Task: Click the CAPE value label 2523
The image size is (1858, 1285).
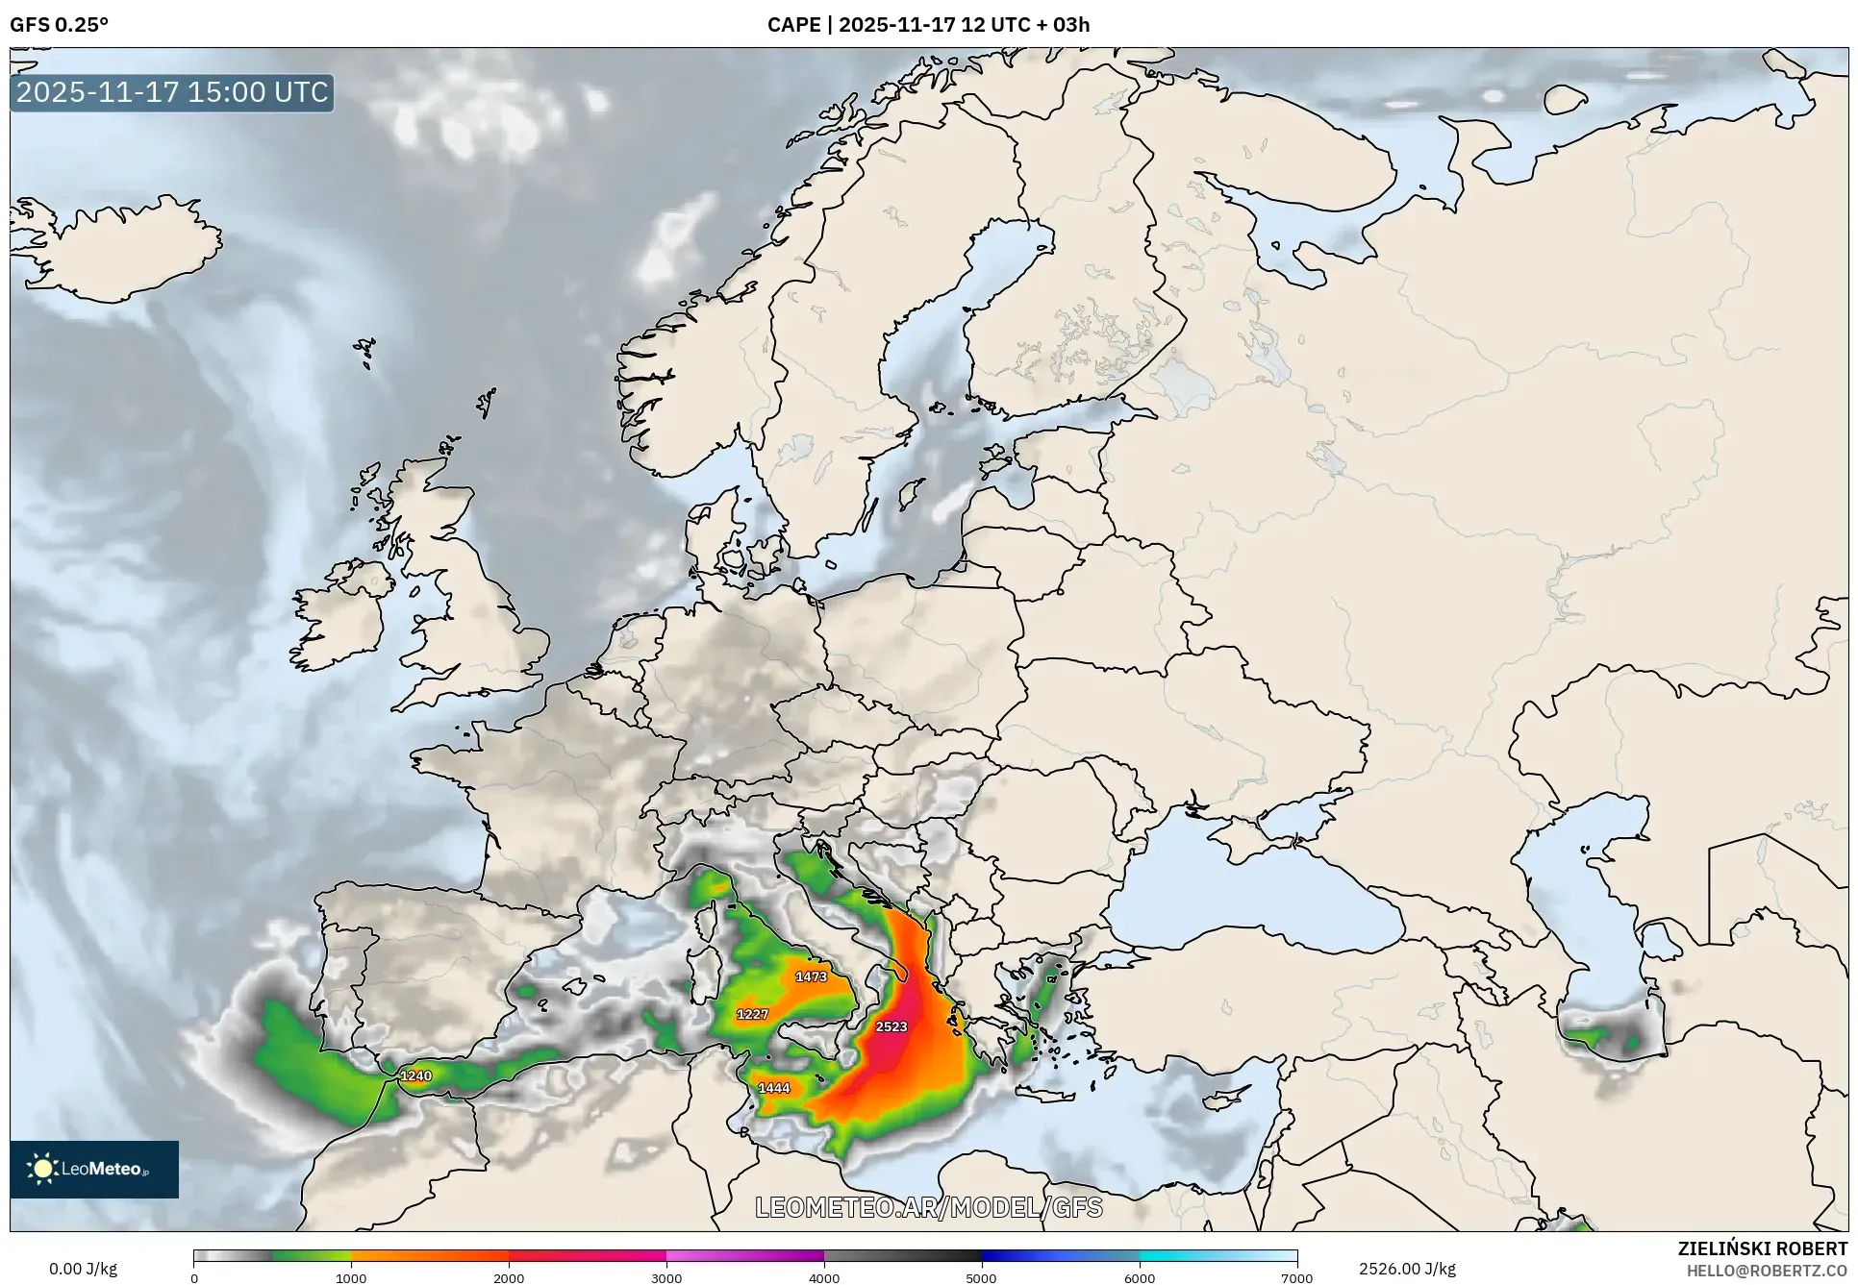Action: [x=891, y=1026]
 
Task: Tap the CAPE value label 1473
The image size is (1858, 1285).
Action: [x=811, y=976]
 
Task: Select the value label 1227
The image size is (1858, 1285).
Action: [x=752, y=1014]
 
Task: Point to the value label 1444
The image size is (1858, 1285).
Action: [x=774, y=1088]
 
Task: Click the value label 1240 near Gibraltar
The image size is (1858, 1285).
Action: [x=415, y=1075]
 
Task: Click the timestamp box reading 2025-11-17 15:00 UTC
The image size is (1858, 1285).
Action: [x=172, y=92]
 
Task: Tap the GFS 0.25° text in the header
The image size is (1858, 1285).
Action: [x=59, y=25]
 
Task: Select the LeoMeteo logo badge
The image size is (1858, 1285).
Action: [x=94, y=1169]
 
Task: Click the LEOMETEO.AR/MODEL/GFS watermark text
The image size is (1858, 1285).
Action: [x=928, y=1207]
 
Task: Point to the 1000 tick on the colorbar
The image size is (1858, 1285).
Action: [x=351, y=1278]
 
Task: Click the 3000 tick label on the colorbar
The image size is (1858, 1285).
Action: [x=666, y=1278]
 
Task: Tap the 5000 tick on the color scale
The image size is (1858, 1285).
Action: [x=982, y=1278]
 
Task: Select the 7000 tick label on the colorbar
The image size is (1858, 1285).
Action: [x=1296, y=1278]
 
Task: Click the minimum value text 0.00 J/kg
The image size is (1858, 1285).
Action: [x=84, y=1269]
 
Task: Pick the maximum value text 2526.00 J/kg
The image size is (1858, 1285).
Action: [x=1407, y=1269]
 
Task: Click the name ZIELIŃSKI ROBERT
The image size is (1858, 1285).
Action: [x=1763, y=1248]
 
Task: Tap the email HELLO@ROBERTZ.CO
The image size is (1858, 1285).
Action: [x=1768, y=1271]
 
